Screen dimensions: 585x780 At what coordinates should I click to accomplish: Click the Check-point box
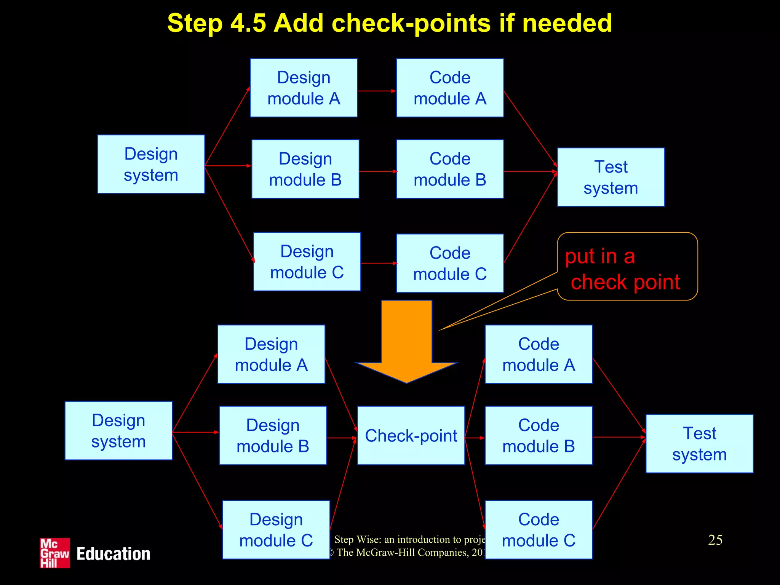pyautogui.click(x=411, y=435)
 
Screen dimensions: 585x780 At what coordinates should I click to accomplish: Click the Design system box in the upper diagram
pyautogui.click(x=151, y=164)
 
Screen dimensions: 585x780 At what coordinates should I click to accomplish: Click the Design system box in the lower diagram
pyautogui.click(x=118, y=431)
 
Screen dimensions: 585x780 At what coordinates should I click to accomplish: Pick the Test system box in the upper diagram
pyautogui.click(x=611, y=177)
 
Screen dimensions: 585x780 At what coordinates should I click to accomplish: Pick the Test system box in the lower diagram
pyautogui.click(x=699, y=444)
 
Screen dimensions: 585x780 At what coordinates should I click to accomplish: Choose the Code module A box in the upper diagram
pyautogui.click(x=450, y=88)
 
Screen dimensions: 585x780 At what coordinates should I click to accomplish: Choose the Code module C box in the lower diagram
pyautogui.click(x=539, y=529)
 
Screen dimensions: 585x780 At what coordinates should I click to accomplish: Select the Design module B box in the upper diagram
pyautogui.click(x=305, y=169)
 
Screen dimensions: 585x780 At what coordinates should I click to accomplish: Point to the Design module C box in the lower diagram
pyautogui.click(x=276, y=529)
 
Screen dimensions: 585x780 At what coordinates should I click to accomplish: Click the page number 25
pyautogui.click(x=715, y=540)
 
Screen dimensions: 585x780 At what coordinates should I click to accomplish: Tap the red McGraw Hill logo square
pyautogui.click(x=55, y=553)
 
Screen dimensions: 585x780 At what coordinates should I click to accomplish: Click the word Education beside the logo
pyautogui.click(x=113, y=554)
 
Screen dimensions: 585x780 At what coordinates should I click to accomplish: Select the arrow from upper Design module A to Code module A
pyautogui.click(x=377, y=91)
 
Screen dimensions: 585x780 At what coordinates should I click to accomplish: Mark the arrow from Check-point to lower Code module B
pyautogui.click(x=475, y=438)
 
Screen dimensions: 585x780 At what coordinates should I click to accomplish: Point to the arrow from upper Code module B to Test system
pyautogui.click(x=530, y=171)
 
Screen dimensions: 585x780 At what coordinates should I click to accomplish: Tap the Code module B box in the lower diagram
pyautogui.click(x=539, y=435)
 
